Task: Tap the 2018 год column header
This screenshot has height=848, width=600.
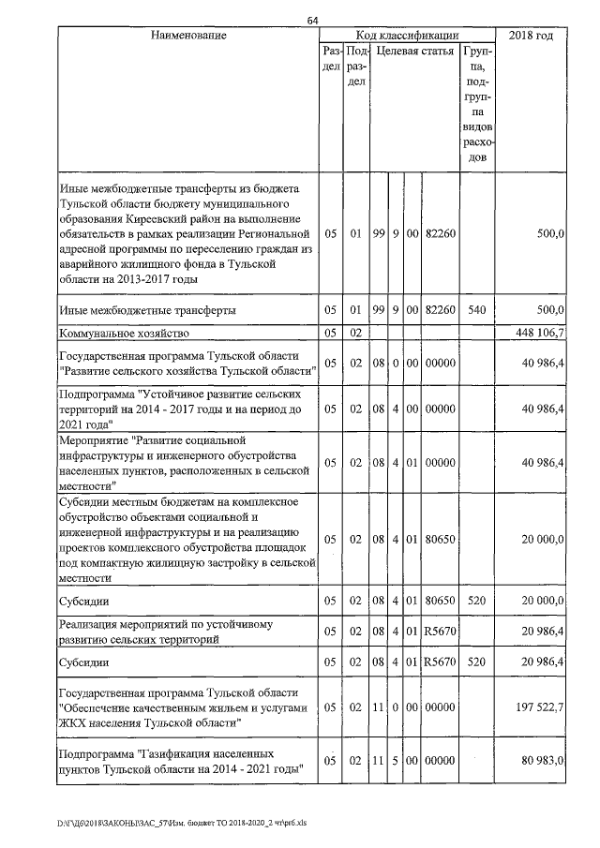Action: click(x=531, y=36)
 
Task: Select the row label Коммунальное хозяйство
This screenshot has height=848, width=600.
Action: click(x=125, y=333)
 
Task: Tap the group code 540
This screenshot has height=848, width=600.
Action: click(x=475, y=309)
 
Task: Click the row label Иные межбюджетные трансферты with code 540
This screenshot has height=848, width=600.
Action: click(x=147, y=309)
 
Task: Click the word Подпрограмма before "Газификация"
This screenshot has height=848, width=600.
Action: click(x=97, y=753)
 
